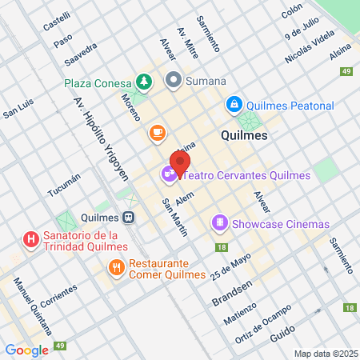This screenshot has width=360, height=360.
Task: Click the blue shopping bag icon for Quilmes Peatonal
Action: click(234, 104)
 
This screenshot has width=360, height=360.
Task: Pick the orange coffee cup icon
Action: click(157, 131)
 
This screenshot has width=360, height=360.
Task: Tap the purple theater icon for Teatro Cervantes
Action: click(168, 172)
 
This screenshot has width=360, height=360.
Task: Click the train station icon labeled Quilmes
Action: click(127, 217)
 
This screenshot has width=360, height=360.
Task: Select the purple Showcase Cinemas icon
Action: click(219, 223)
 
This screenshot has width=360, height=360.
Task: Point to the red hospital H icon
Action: click(30, 239)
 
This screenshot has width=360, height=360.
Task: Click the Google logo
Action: click(26, 350)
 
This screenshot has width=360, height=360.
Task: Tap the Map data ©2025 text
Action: click(325, 354)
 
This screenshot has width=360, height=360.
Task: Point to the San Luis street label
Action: click(18, 109)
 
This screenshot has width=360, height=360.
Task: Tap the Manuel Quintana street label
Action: click(33, 307)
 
